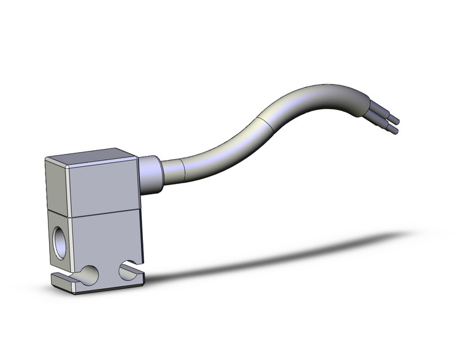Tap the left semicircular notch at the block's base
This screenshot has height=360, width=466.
[x=90, y=275]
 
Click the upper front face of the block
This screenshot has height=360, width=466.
[x=103, y=190]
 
